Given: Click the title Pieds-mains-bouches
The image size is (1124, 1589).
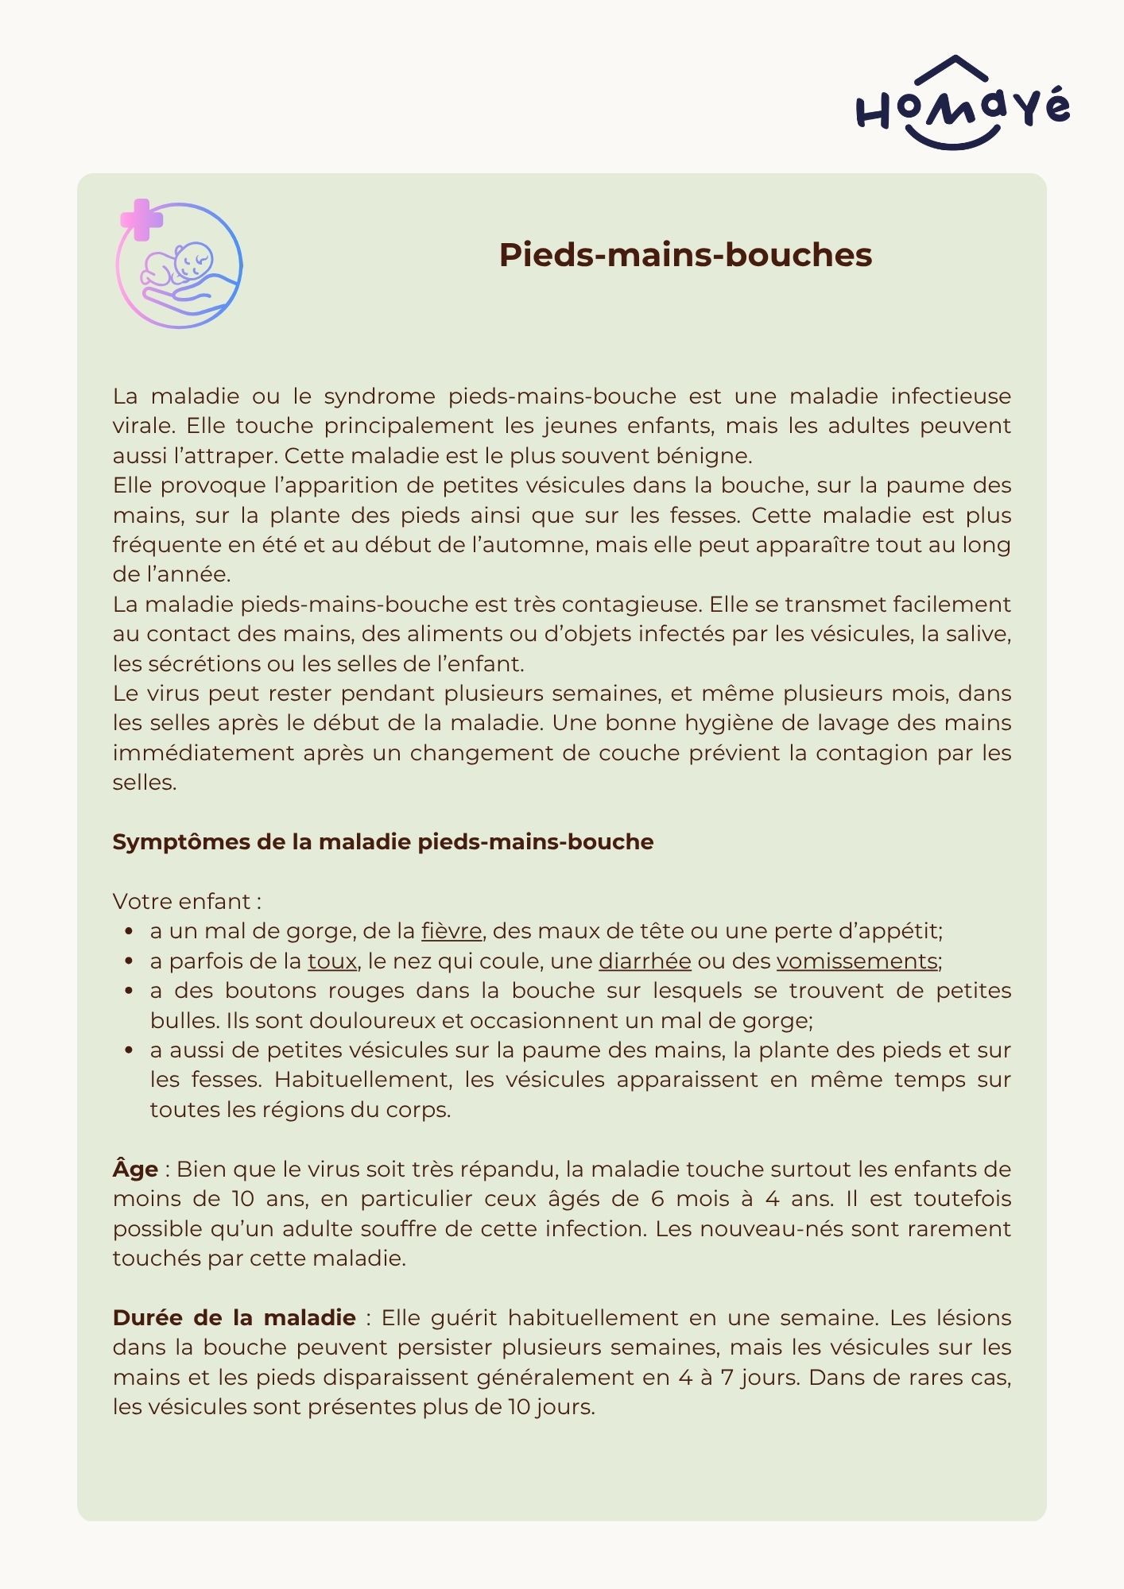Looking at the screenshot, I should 685,255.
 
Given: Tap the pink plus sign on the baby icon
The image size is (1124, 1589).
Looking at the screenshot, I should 141,219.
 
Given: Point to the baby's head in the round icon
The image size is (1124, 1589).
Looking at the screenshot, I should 193,260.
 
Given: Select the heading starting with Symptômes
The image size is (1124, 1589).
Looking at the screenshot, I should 382,842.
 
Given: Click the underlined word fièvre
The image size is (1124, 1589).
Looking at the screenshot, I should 451,931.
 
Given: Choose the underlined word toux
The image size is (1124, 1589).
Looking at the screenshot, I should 332,961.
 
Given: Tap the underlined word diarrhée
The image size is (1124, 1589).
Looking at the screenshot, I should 645,961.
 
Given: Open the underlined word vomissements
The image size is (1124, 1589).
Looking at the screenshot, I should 857,961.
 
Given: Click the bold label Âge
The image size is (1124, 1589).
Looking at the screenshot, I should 135,1170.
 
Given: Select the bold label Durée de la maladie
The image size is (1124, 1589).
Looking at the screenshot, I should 234,1318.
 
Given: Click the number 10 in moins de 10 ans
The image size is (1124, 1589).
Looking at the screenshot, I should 242,1199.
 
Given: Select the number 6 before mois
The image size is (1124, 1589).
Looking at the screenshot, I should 657,1199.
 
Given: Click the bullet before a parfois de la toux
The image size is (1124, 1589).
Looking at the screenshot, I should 129,961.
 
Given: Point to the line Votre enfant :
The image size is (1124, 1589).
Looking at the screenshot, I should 187,902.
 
